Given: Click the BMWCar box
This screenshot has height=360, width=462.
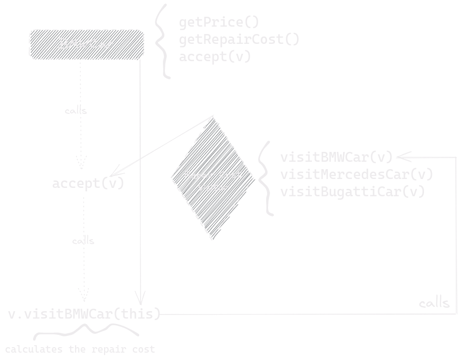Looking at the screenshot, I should tap(86, 44).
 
